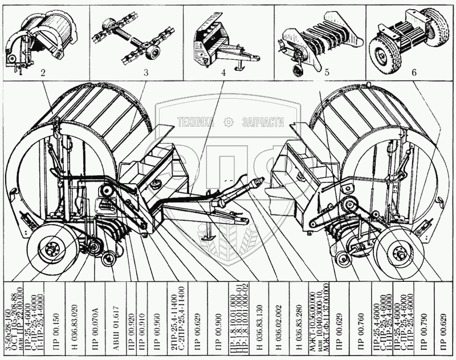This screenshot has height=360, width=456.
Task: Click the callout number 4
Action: coord(224,73)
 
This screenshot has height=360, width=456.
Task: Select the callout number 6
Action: coord(414,73)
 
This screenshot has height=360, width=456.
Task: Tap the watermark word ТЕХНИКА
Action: coord(195,122)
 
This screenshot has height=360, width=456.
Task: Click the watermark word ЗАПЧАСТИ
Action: coord(263,122)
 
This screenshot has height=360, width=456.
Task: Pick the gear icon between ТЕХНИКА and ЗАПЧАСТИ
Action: coord(229,122)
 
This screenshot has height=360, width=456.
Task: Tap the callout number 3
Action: coord(146,73)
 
